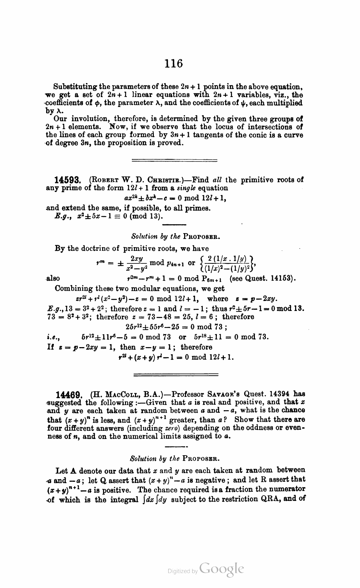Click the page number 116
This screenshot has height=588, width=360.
click(174, 64)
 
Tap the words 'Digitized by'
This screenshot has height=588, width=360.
click(182, 571)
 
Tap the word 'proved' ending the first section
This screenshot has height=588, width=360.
click(171, 143)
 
